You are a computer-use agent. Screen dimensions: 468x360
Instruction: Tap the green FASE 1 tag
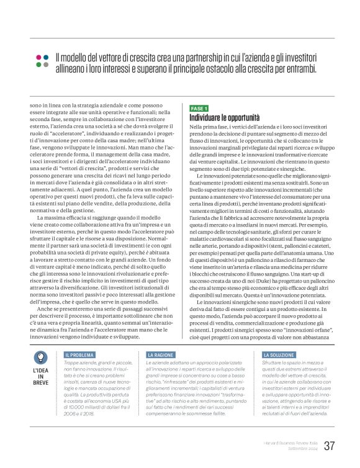tap(199, 108)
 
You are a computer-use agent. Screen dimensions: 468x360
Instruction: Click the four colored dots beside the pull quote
tap(42, 61)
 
